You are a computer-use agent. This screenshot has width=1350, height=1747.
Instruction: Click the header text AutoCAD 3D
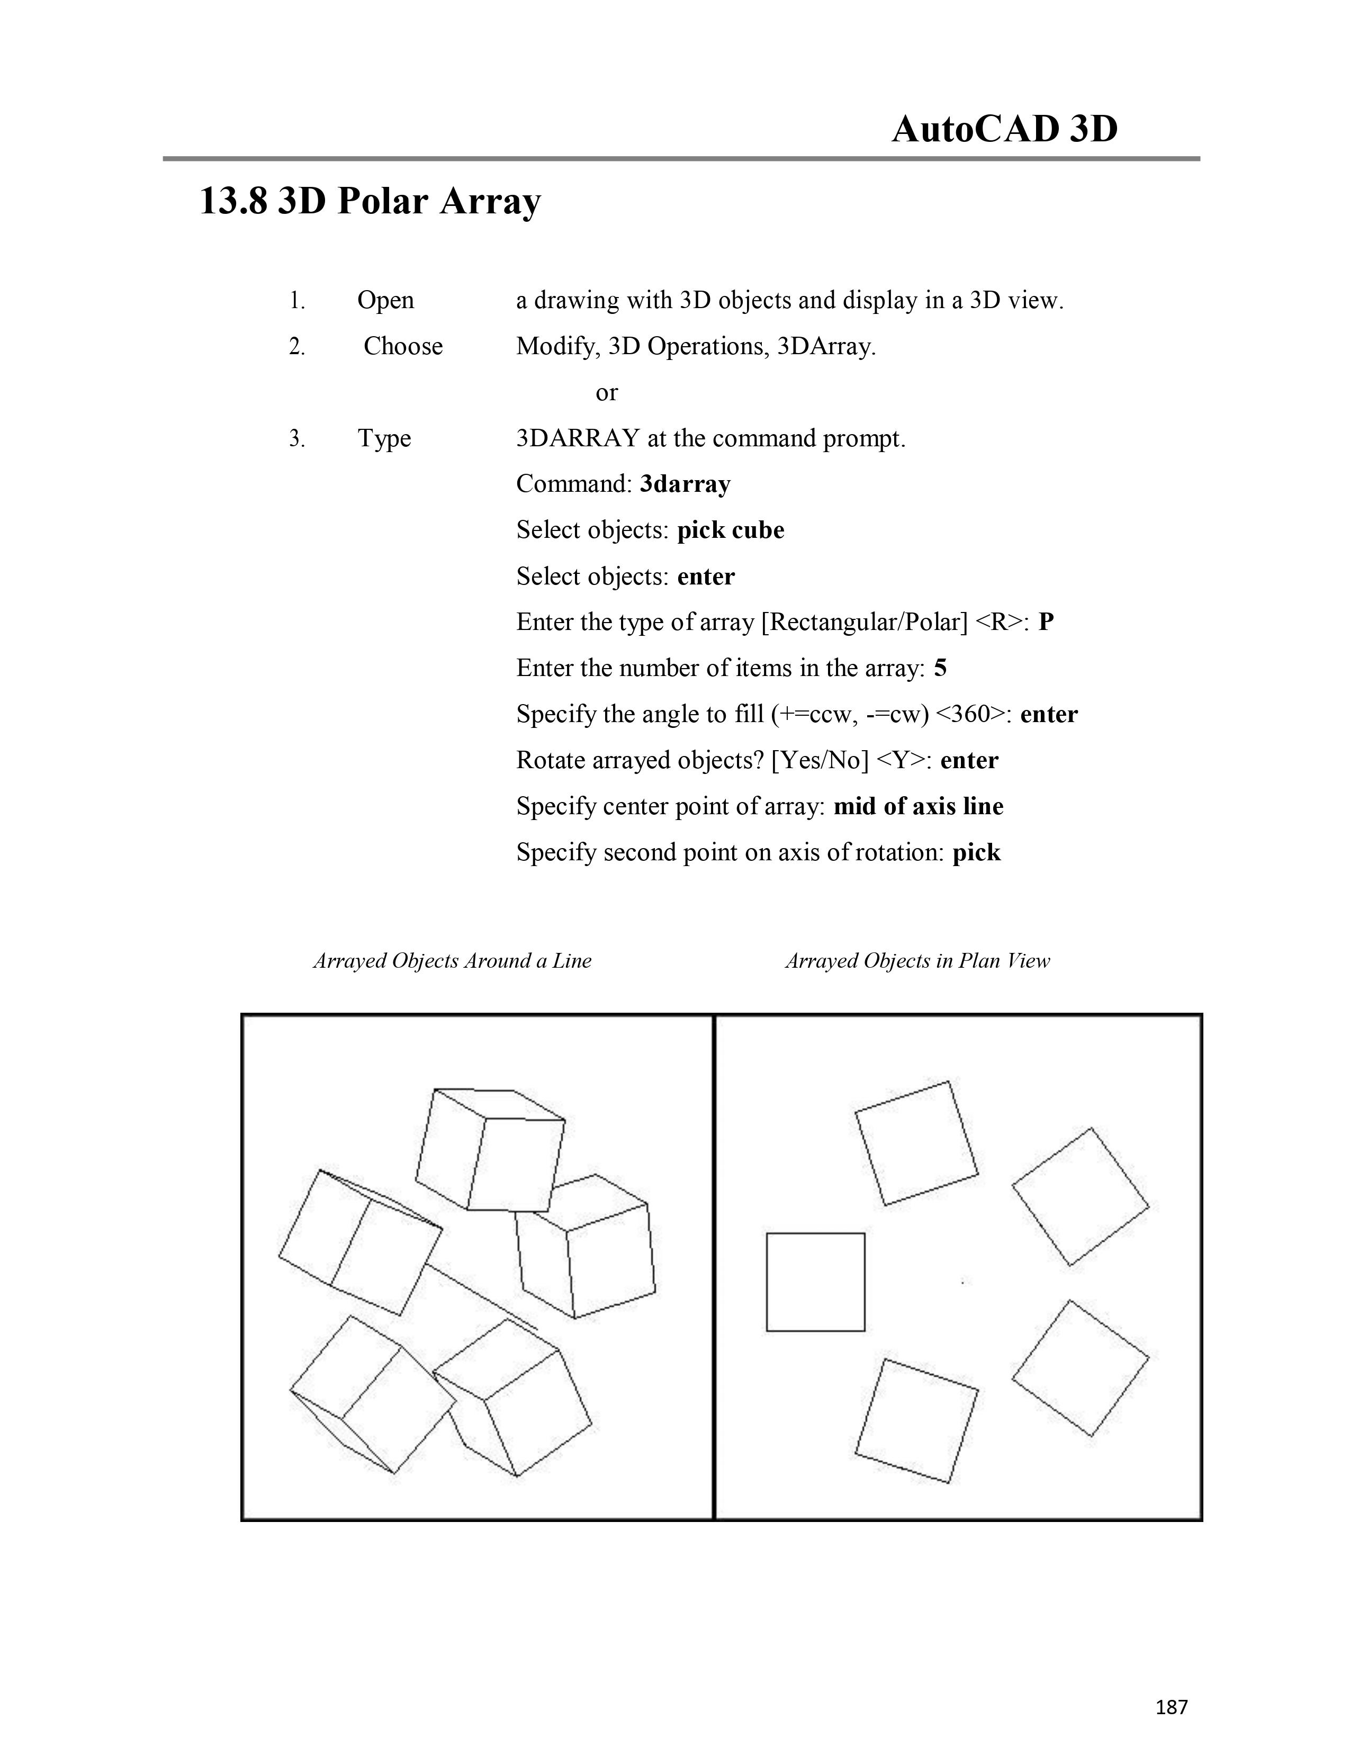[x=1004, y=129]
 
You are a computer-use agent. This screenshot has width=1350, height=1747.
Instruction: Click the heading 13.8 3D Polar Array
[x=370, y=201]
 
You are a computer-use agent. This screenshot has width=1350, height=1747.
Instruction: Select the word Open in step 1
[x=385, y=301]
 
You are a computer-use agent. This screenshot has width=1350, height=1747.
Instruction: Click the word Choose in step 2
[x=403, y=346]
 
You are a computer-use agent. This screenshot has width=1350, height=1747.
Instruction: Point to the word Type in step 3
[x=384, y=438]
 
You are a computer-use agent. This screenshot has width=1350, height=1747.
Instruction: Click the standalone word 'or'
[x=606, y=393]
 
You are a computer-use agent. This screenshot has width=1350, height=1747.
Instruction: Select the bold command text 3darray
[x=686, y=485]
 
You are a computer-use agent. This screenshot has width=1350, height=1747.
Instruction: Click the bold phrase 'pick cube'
[x=730, y=530]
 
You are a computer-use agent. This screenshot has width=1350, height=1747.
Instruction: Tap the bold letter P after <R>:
[x=1046, y=623]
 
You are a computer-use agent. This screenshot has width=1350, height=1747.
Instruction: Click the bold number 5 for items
[x=941, y=668]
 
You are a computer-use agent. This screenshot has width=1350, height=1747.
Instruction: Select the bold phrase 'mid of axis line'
[x=918, y=806]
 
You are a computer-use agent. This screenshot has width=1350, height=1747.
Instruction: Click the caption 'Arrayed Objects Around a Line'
[x=452, y=961]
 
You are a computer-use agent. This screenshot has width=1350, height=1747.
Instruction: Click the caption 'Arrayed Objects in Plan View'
[x=917, y=961]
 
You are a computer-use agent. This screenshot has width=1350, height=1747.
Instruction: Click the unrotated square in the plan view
[x=815, y=1282]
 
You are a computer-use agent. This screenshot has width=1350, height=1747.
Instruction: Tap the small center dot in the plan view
[x=963, y=1282]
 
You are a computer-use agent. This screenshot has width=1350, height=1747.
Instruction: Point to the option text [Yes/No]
[x=820, y=760]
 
